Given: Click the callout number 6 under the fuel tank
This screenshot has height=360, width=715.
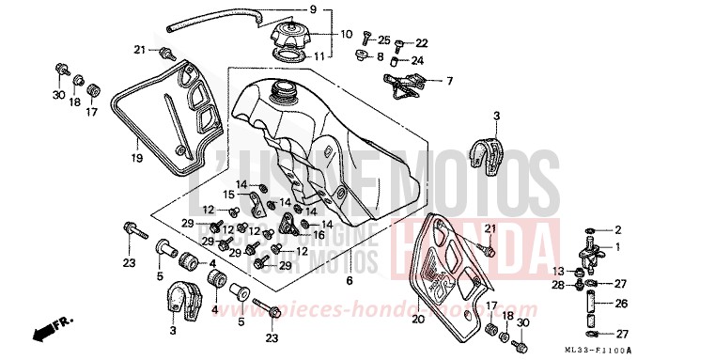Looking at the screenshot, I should (x=350, y=281).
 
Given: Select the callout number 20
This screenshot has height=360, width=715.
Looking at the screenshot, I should (x=419, y=320).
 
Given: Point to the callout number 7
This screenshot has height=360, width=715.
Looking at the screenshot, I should (x=449, y=81).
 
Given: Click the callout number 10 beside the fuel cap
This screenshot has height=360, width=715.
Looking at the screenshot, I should (x=346, y=35).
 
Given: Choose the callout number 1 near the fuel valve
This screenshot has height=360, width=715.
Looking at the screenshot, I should (x=618, y=246).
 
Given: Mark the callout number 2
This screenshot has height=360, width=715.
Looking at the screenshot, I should (x=618, y=229).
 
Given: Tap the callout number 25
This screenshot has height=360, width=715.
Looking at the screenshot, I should (x=383, y=39).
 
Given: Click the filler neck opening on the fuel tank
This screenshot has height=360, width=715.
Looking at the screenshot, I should (x=280, y=91).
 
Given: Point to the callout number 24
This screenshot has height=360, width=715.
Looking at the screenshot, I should (x=418, y=60).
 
